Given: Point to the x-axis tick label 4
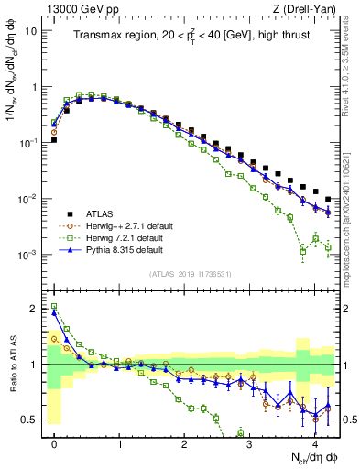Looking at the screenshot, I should [314, 443].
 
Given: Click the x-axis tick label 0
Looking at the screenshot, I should [54, 443].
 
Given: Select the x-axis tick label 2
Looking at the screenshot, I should [184, 443].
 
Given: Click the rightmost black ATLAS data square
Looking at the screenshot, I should [328, 198].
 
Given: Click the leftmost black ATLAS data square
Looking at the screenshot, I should [54, 140].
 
